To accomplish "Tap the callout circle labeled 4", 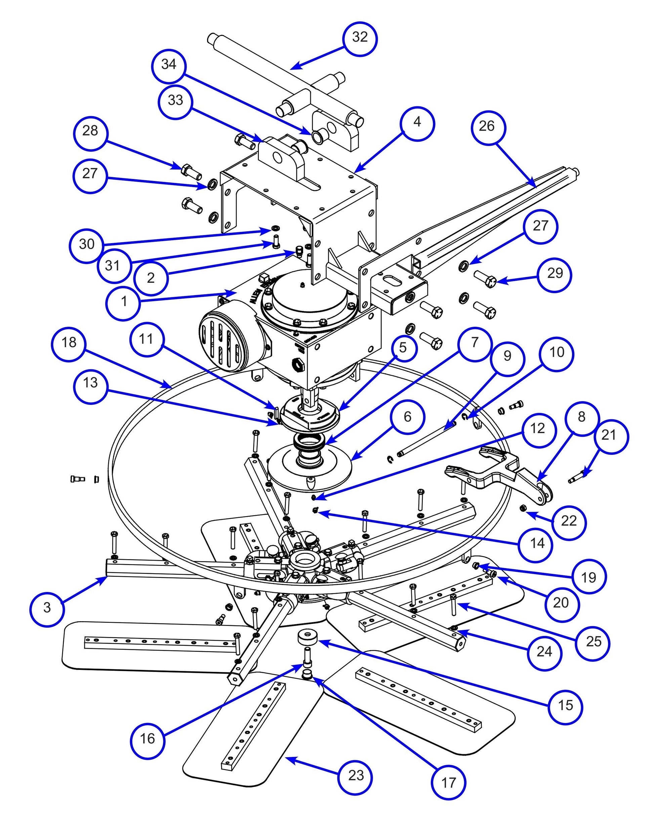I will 417,123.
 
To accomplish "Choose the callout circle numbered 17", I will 448,782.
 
